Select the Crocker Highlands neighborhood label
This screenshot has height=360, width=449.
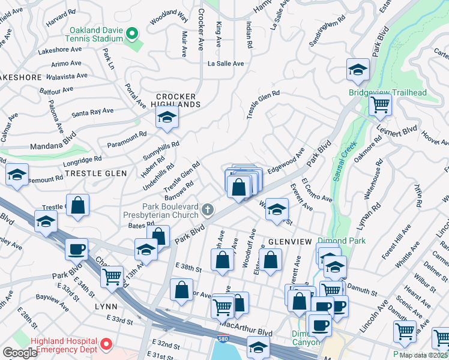pyautogui.click(x=176, y=100)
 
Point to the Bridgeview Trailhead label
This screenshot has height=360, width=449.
pyautogui.click(x=388, y=92)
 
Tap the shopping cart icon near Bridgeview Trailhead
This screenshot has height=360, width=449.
pyautogui.click(x=381, y=104)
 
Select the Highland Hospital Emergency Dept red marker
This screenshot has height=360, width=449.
pyautogui.click(x=106, y=344)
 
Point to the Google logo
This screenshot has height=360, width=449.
pyautogui.click(x=20, y=353)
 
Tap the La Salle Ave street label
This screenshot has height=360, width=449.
pyautogui.click(x=226, y=63)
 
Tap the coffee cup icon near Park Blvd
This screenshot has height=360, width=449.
pyautogui.click(x=76, y=248)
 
